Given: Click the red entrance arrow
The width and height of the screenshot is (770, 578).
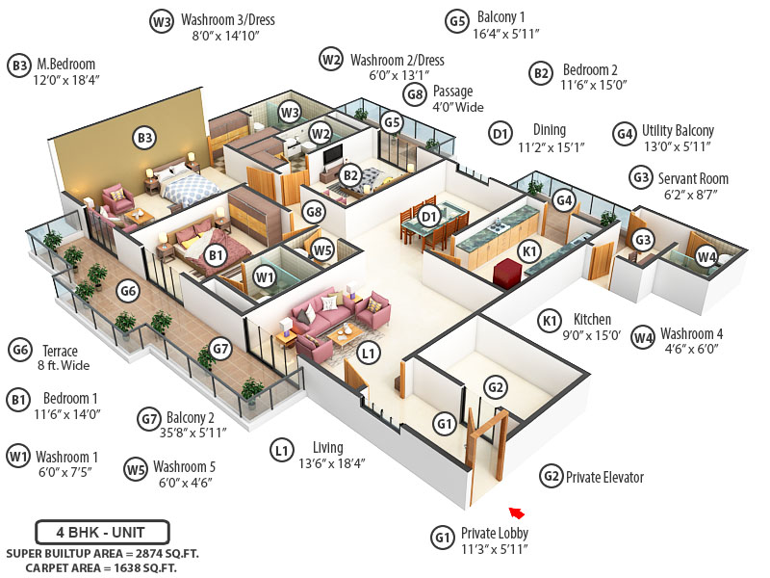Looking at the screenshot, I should [517, 512].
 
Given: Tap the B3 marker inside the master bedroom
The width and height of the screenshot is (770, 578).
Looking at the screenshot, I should [144, 139].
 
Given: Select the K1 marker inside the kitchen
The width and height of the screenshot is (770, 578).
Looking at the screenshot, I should [528, 250].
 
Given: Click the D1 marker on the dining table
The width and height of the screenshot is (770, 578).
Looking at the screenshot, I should [430, 216].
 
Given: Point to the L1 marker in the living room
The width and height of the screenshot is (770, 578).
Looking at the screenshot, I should [368, 354].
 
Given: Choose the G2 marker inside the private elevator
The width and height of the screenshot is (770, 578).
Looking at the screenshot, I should [495, 387].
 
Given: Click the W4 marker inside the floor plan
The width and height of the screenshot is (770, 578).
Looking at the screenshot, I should [706, 257].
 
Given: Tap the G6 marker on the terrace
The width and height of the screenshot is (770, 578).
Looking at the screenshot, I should [128, 290].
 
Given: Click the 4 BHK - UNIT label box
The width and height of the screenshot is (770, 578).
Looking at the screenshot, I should [102, 531].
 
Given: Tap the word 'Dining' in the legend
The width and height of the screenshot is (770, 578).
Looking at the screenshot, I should [549, 130].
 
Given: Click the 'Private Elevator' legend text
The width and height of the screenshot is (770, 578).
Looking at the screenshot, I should [604, 477].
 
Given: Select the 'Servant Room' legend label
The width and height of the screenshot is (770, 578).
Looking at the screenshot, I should [693, 178].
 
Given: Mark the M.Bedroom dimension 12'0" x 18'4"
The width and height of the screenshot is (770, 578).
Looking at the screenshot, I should [66, 82].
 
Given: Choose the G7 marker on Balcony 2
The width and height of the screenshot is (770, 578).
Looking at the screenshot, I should [220, 348].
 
